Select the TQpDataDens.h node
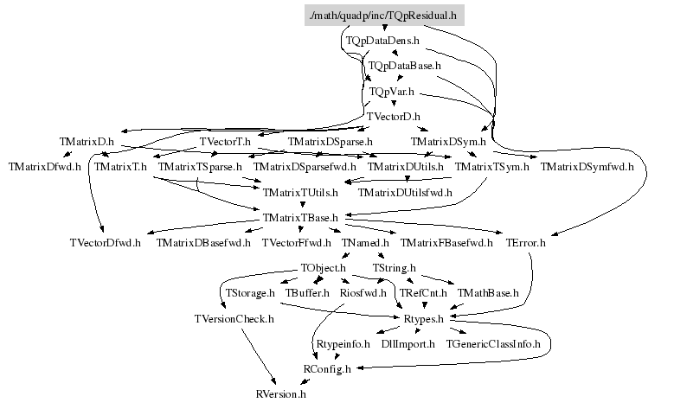[x=382, y=40]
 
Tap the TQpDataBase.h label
[x=405, y=65]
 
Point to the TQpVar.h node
[x=391, y=90]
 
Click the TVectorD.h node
[x=393, y=115]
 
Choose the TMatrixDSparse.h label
[x=330, y=140]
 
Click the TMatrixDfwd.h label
[x=46, y=165]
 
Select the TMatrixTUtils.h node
[x=301, y=191]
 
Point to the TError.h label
[x=526, y=242]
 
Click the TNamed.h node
[x=366, y=242]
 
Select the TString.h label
[x=394, y=268]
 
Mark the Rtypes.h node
[x=424, y=318]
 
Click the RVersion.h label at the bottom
[x=281, y=393]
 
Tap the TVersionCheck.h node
[x=234, y=318]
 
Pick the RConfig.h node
[x=327, y=368]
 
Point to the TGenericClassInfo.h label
[x=493, y=343]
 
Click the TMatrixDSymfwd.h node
[x=587, y=165]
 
